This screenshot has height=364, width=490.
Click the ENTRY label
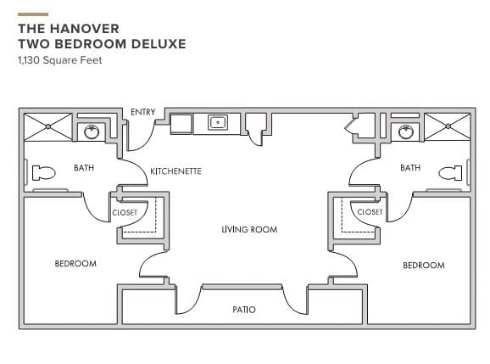[x=142, y=112]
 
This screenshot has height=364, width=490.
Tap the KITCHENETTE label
[x=176, y=171]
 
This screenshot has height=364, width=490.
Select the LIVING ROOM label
[x=249, y=230]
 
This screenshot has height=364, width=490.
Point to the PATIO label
[x=244, y=310]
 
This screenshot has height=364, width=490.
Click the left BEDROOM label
[x=75, y=264]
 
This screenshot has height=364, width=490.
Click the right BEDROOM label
[x=424, y=266]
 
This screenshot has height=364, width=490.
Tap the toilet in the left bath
[x=44, y=172]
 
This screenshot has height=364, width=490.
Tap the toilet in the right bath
[x=450, y=173]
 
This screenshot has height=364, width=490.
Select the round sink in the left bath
[x=92, y=132]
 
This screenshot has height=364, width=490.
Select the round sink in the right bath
[x=406, y=132]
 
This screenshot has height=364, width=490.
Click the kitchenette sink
[x=218, y=122]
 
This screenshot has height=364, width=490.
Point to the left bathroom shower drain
[x=47, y=126]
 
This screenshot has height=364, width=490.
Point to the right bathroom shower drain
[x=448, y=126]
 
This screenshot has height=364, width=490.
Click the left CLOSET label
[x=125, y=213]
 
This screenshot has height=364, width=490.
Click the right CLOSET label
[x=370, y=212]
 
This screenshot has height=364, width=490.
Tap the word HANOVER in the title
[x=85, y=29]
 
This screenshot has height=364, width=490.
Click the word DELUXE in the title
[x=159, y=44]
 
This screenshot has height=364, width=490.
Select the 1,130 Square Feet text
[x=60, y=60]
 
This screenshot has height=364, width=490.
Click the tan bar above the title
[x=33, y=14]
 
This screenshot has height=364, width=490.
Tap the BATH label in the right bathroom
[x=410, y=168]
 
